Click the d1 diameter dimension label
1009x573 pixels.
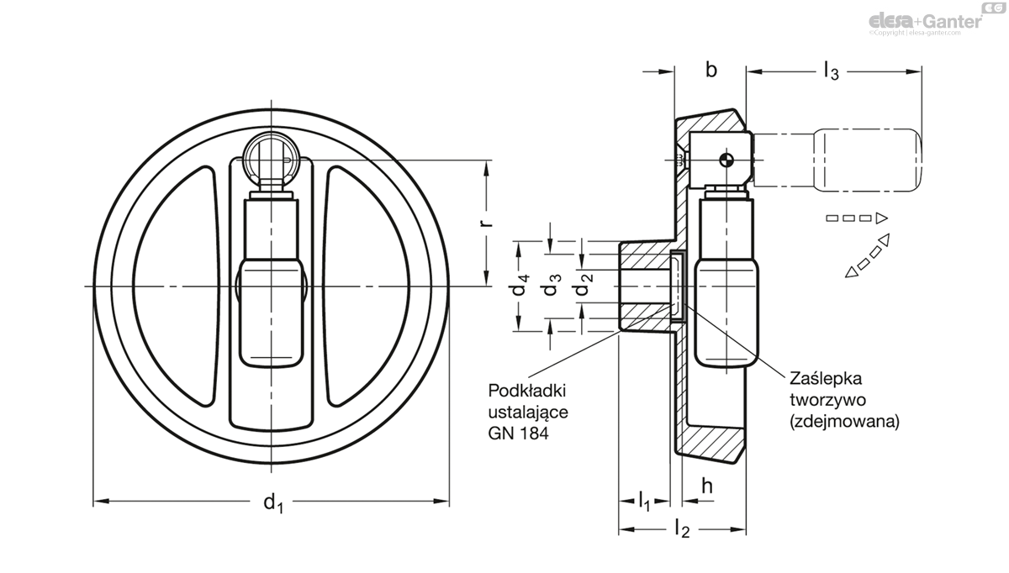tap(272, 503)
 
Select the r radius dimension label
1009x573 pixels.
tap(485, 223)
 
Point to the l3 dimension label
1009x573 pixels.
tap(830, 72)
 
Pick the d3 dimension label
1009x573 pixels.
tap(551, 286)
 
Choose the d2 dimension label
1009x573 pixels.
tap(581, 286)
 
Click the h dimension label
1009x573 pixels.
tap(707, 486)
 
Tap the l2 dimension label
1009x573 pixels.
tap(683, 529)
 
